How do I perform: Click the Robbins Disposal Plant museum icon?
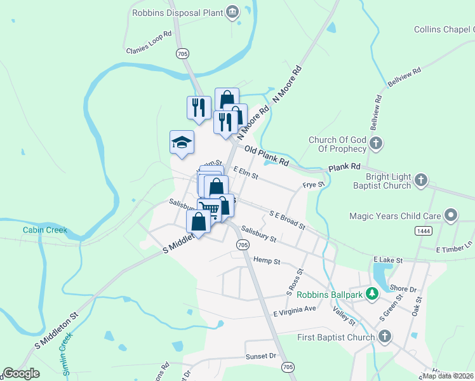coord(232,12)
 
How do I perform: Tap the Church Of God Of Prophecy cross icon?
coord(377,144)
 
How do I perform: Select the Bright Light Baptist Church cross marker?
coord(421,180)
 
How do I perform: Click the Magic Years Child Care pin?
coord(451,216)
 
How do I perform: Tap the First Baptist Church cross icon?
coord(384,337)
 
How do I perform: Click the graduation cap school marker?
coord(182,142)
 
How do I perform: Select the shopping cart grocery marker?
coord(210,209)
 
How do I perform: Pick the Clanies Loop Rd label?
coord(149,43)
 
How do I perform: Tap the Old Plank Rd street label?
coord(267,157)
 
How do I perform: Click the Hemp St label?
coord(267,260)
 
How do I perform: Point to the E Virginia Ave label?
coord(295,311)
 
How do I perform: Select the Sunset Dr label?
coord(262,357)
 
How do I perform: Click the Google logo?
coord(22,373)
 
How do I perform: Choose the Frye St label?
coord(313,185)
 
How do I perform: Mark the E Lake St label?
coord(388,260)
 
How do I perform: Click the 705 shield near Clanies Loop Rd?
coord(183,53)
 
